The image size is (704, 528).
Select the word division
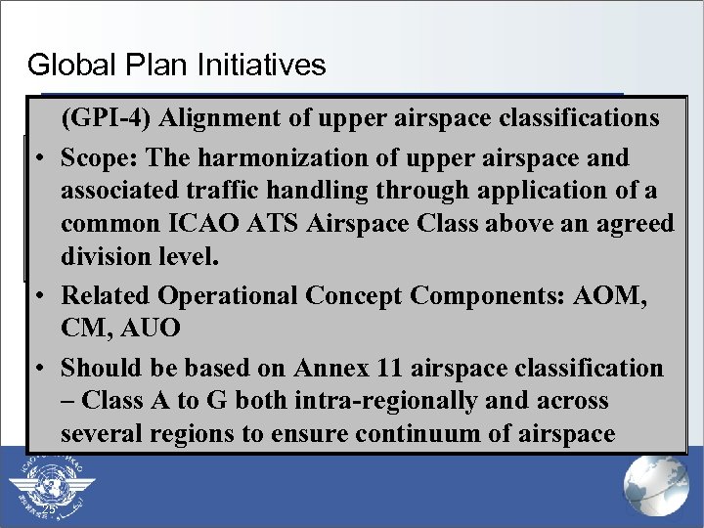click(x=105, y=257)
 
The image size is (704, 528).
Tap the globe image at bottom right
click(x=656, y=486)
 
